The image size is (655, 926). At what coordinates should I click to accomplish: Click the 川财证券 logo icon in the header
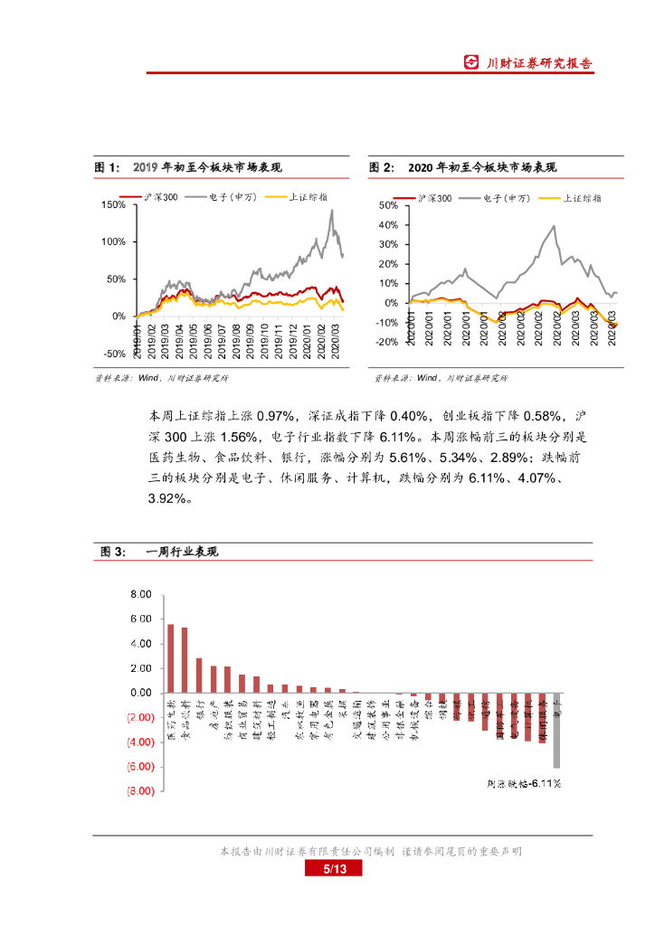tap(471, 62)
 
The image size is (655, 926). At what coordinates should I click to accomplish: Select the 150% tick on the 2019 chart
tap(113, 205)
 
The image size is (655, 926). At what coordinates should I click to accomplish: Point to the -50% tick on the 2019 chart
tap(113, 354)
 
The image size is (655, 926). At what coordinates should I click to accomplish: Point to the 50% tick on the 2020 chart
tap(388, 205)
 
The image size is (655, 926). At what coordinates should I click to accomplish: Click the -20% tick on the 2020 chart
tap(388, 342)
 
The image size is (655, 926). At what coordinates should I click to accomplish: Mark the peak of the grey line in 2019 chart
tap(332, 211)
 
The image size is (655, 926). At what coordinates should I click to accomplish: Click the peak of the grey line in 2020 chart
tap(554, 226)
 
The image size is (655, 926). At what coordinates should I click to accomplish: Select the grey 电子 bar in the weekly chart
tap(556, 730)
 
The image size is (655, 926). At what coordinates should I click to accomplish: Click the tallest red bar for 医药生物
tap(170, 658)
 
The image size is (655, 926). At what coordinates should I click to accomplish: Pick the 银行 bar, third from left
tap(199, 676)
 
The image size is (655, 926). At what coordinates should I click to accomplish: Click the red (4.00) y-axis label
tap(139, 742)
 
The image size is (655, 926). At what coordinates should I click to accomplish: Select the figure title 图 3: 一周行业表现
tap(160, 552)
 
